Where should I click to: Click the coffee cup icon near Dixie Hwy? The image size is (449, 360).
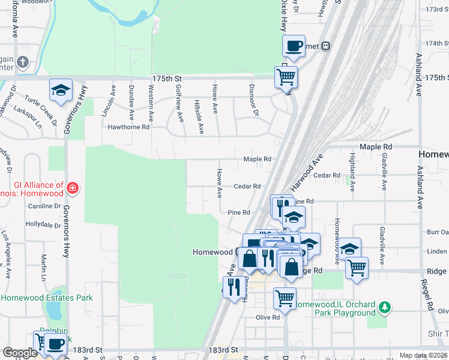pos(294,46)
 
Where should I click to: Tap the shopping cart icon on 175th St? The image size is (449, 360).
pos(286,76)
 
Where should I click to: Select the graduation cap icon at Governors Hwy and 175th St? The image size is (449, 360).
pos(61,89)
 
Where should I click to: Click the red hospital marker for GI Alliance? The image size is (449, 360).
pos(73,188)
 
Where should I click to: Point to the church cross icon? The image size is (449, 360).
pos(23,62)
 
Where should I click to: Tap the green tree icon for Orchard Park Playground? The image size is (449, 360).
pos(384,308)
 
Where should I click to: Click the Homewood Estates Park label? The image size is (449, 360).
pos(47,298)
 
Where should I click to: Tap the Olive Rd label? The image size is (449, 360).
pos(268,317)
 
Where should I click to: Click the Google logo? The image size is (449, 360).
pos(20,353)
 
